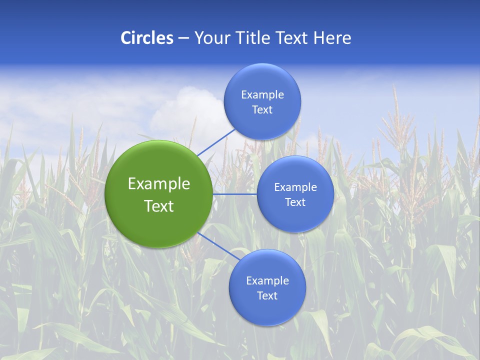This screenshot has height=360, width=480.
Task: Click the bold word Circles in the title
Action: point(146,38)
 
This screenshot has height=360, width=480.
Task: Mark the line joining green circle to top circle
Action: point(216,142)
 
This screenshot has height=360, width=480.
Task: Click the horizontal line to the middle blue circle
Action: point(234,194)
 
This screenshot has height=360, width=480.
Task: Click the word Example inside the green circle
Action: point(158,184)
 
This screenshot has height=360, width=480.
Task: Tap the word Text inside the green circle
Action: point(158,206)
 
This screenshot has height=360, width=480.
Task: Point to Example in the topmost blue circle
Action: point(262,95)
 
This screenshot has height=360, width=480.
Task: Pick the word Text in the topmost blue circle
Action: point(262,110)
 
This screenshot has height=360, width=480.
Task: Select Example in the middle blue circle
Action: point(295,187)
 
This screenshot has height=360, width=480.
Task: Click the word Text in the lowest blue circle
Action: point(267,296)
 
